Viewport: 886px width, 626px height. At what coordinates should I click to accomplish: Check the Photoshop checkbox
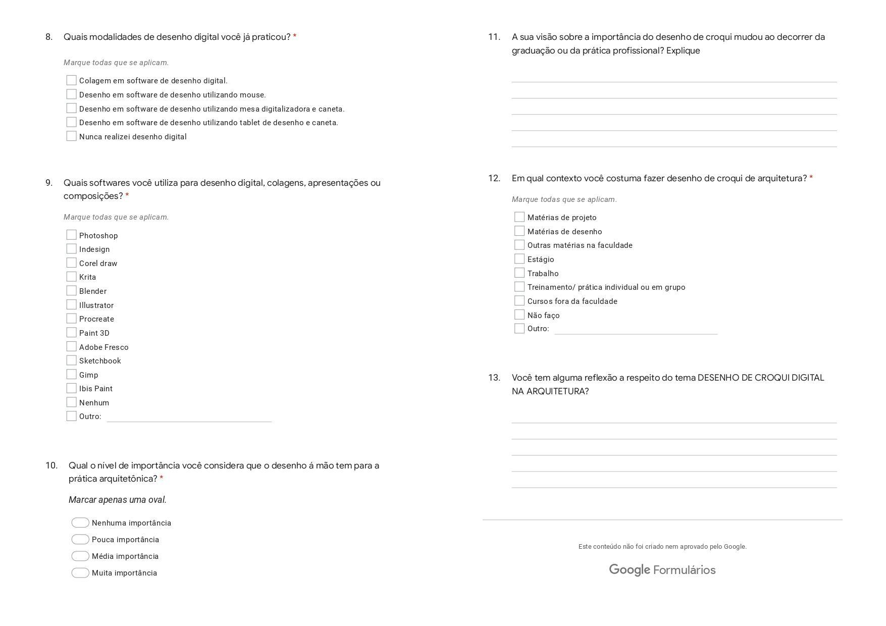pos(71,235)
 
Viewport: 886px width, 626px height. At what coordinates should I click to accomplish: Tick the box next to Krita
pos(71,277)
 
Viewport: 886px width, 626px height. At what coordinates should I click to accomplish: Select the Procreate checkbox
pos(71,319)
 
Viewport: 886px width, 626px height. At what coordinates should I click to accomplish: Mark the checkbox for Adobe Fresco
pos(71,347)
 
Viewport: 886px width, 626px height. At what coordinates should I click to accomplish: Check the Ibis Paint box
pos(71,388)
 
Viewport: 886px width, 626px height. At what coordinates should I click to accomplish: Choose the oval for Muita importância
pos(80,572)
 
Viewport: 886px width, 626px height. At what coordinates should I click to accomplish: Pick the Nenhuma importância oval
pos(80,523)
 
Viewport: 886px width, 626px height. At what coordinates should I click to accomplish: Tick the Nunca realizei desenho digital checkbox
pos(71,136)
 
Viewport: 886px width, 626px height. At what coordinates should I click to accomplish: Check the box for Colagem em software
pos(71,80)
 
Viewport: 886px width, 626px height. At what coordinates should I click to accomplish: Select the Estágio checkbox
pos(519,259)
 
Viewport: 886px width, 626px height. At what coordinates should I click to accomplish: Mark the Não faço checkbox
pos(519,315)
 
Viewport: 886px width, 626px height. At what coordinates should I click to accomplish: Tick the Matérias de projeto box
pos(519,217)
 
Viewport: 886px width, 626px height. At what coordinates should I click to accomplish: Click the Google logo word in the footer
pos(629,570)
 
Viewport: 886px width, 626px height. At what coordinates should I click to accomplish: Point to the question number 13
pos(494,378)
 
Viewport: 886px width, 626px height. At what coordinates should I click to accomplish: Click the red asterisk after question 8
pos(295,37)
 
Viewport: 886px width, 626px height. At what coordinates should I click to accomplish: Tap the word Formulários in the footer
pos(684,570)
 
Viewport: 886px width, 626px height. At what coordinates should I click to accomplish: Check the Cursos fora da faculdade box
pos(519,301)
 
